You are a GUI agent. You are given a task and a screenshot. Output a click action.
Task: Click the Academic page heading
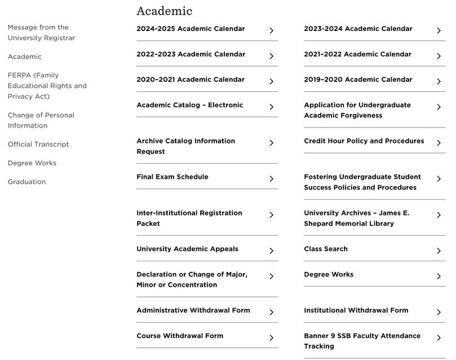click(164, 11)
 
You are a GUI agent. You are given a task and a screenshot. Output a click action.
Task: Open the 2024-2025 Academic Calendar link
click(191, 29)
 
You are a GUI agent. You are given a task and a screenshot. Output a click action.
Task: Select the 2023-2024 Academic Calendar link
click(358, 29)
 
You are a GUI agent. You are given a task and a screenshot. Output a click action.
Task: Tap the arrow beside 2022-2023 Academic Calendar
click(271, 56)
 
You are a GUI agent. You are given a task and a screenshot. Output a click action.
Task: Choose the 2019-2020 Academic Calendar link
click(358, 80)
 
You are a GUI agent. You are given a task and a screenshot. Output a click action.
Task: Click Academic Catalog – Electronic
click(189, 105)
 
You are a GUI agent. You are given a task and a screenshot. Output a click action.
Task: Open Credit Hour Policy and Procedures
click(364, 141)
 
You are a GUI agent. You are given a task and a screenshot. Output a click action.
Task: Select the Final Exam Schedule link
click(172, 177)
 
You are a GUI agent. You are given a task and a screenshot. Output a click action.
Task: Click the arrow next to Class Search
click(439, 251)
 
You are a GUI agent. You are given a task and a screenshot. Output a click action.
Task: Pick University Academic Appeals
click(187, 249)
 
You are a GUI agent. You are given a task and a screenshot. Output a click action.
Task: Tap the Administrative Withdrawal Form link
click(193, 310)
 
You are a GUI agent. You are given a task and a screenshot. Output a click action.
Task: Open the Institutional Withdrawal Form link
click(356, 310)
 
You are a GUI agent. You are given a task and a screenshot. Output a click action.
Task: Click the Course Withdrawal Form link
click(180, 336)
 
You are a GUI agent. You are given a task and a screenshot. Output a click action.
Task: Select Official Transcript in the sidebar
click(38, 144)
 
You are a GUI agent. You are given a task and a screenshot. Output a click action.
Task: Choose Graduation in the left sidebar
click(26, 182)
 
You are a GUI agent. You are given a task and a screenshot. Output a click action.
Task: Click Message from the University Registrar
click(41, 33)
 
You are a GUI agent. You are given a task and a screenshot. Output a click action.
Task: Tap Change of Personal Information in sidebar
click(41, 120)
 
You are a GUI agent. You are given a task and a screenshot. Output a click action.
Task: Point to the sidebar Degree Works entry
click(32, 163)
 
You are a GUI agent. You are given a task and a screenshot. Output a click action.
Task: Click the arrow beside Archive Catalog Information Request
click(271, 143)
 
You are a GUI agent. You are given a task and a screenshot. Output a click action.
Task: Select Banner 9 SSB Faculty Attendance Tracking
click(362, 341)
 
